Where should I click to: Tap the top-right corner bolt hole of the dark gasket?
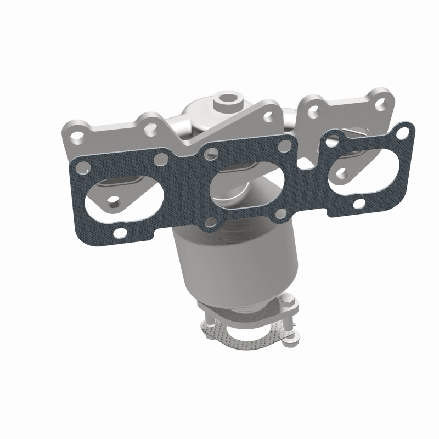(403, 132)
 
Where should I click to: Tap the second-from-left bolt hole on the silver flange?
(150, 127)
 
